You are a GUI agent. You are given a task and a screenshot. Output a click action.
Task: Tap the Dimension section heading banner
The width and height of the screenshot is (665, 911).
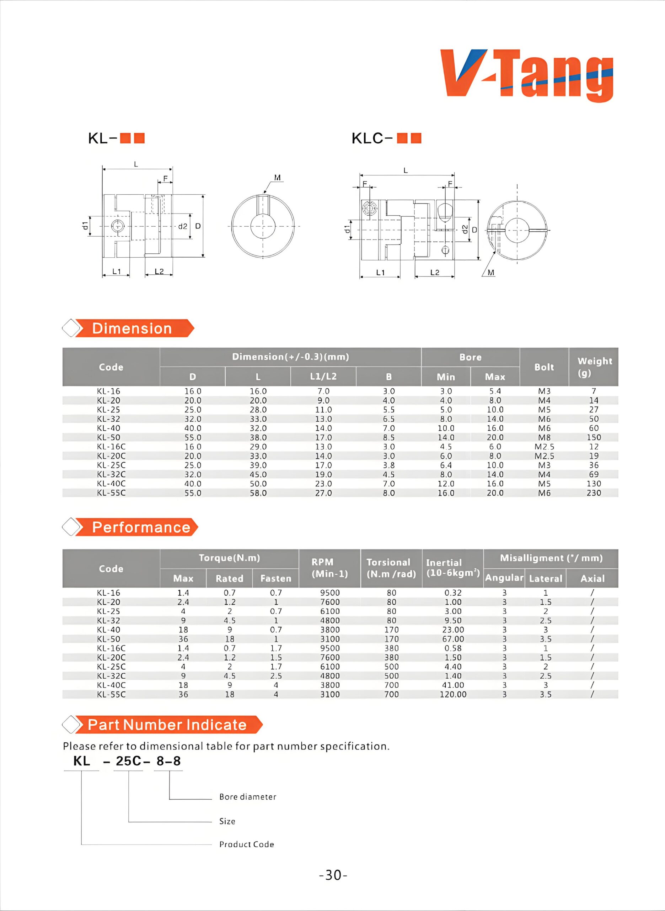[132, 328]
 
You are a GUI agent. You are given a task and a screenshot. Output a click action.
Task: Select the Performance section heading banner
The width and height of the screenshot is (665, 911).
[140, 527]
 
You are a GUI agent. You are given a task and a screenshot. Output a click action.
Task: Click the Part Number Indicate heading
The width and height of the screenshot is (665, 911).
[167, 725]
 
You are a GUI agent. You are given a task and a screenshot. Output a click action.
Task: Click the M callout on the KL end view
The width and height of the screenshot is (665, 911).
[277, 178]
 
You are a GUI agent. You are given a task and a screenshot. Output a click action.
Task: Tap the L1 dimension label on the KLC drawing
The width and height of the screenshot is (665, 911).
[380, 272]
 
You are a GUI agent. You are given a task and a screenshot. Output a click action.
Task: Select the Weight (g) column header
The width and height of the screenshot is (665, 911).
[594, 367]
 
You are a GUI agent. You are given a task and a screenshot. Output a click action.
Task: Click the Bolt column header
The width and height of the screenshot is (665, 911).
[544, 367]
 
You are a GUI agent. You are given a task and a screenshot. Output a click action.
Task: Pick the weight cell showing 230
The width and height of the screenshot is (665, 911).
[594, 493]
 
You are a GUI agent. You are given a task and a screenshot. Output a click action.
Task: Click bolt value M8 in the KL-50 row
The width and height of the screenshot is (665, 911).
[544, 437]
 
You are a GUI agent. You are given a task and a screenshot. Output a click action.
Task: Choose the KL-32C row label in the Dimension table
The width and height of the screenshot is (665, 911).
[111, 474]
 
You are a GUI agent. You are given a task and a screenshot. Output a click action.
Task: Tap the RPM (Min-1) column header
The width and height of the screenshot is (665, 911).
[330, 568]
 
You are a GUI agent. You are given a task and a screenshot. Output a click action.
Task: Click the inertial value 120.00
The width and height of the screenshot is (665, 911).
[453, 694]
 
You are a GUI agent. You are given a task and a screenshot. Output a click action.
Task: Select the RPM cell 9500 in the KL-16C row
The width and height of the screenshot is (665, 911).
[330, 648]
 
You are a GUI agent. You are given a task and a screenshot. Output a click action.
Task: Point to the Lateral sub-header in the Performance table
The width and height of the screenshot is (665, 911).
[546, 579]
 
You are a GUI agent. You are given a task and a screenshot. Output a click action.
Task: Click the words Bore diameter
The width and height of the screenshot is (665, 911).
[248, 797]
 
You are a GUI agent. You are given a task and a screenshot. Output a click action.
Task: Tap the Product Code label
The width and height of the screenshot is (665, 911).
[246, 844]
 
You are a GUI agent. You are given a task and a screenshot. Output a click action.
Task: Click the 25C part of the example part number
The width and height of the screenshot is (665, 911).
[128, 761]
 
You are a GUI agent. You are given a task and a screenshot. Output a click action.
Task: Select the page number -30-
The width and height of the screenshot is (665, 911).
[333, 875]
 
